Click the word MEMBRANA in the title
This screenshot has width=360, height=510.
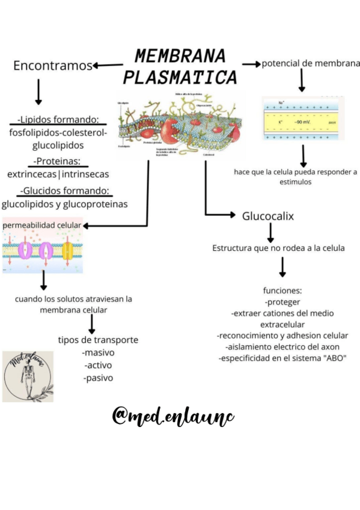pyautogui.click(x=180, y=56)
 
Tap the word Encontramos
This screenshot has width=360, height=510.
pyautogui.click(x=53, y=66)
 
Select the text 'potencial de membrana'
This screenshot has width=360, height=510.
pyautogui.click(x=311, y=63)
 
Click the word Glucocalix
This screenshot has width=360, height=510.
pyautogui.click(x=268, y=215)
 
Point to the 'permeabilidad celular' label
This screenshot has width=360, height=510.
pyautogui.click(x=42, y=225)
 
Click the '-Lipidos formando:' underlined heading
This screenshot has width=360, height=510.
pyautogui.click(x=58, y=120)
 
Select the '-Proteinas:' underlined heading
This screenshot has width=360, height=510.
pyautogui.click(x=58, y=161)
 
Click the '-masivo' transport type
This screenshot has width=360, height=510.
pyautogui.click(x=98, y=352)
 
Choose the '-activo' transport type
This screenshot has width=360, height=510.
pyautogui.click(x=98, y=365)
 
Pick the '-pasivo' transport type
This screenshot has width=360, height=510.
pyautogui.click(x=98, y=378)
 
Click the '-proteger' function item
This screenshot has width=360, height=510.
pyautogui.click(x=282, y=302)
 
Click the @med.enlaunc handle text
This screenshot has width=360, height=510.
pyautogui.click(x=173, y=416)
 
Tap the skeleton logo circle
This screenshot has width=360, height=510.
pyautogui.click(x=28, y=376)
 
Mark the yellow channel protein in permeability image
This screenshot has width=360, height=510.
pyautogui.click(x=67, y=250)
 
